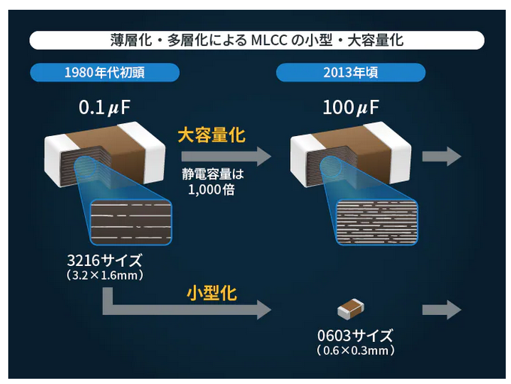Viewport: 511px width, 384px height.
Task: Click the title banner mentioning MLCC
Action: pos(256,40)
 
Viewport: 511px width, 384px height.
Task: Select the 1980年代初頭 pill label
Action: pos(105,73)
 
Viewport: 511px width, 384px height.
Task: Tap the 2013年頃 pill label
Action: pos(350,73)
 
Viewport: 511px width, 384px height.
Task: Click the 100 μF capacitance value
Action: pos(350,107)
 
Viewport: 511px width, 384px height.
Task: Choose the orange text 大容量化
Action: pos(212,135)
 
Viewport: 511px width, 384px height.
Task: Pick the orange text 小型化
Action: pos(211,292)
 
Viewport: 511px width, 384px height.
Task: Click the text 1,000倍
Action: pos(212,189)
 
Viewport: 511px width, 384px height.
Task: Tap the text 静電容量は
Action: pos(213,174)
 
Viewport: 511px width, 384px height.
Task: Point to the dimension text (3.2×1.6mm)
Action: pos(104,276)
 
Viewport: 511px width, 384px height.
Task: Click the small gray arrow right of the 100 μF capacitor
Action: pos(442,156)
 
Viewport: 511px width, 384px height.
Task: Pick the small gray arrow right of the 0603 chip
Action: pos(442,309)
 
